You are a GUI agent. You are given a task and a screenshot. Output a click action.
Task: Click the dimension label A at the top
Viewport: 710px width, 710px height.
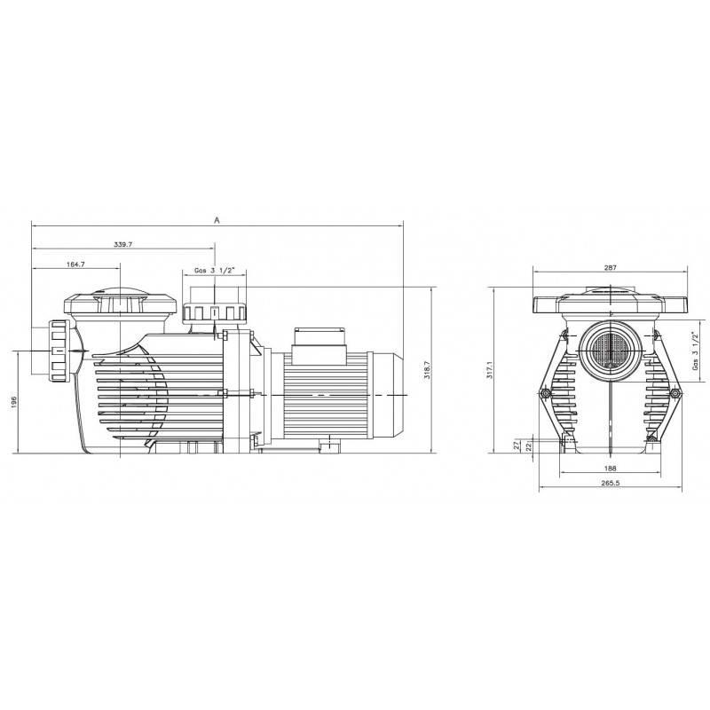(x=217, y=220)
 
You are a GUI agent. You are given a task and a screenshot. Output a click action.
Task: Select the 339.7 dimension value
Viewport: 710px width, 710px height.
(x=122, y=245)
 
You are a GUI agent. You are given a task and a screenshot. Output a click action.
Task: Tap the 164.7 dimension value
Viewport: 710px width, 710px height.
(x=75, y=264)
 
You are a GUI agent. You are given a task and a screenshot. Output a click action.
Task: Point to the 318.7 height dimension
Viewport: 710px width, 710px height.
(x=427, y=370)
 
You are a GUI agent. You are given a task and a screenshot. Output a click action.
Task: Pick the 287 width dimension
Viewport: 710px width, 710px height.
(x=610, y=268)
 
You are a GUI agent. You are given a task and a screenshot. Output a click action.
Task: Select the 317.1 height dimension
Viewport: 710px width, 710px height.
(x=489, y=370)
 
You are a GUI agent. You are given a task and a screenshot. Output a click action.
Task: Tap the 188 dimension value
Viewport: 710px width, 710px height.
(x=611, y=469)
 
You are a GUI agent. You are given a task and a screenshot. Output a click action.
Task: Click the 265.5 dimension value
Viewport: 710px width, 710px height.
(x=610, y=483)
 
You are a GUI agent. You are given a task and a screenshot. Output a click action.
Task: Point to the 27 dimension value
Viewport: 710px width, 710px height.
(x=516, y=446)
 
